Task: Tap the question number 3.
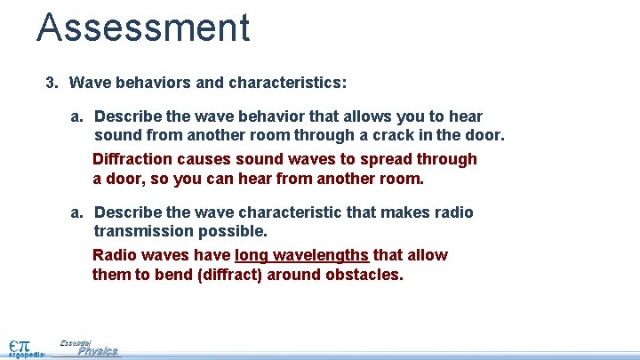pos(52,83)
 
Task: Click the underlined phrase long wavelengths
pos(301,255)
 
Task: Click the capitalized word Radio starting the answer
pos(114,255)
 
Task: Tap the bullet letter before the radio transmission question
pos(77,212)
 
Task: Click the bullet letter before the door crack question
pos(77,116)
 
